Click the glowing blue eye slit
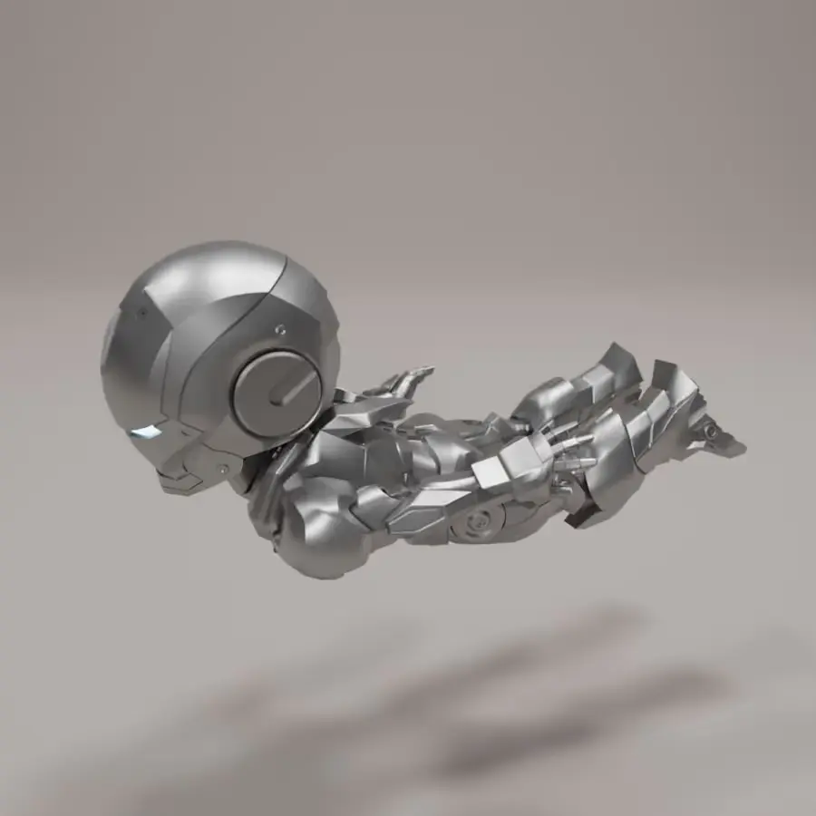(145, 431)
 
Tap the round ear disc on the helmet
(276, 391)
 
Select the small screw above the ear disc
(280, 328)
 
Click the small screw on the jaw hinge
(223, 469)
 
